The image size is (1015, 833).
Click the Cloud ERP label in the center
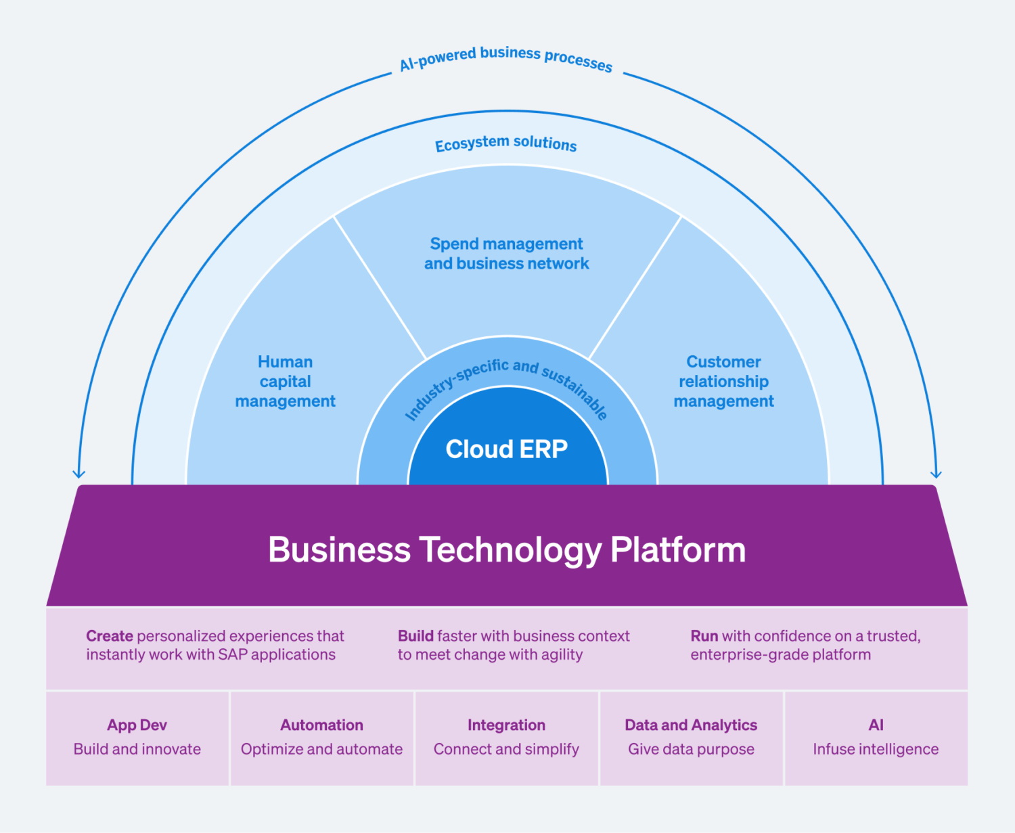click(x=506, y=449)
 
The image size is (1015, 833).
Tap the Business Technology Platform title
click(x=507, y=549)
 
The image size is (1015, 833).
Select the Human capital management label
click(x=285, y=382)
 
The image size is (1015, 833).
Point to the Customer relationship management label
click(x=723, y=382)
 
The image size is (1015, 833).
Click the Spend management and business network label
click(x=506, y=254)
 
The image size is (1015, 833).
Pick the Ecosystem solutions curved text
click(x=506, y=143)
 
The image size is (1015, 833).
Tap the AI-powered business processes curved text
click(x=506, y=58)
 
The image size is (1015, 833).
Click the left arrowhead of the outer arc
click(x=79, y=474)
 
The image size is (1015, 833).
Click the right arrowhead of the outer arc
click(x=936, y=474)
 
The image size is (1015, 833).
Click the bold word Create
click(x=110, y=636)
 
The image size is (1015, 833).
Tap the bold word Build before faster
click(x=415, y=636)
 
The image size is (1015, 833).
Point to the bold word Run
click(x=704, y=636)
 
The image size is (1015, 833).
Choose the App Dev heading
click(x=137, y=725)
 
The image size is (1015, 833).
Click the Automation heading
click(x=321, y=725)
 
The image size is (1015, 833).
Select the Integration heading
click(x=506, y=725)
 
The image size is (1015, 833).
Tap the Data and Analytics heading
click(x=691, y=725)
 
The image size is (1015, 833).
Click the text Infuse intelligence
click(x=876, y=749)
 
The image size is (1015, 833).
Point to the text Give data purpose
click(x=691, y=749)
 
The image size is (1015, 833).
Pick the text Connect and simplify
click(x=506, y=749)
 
